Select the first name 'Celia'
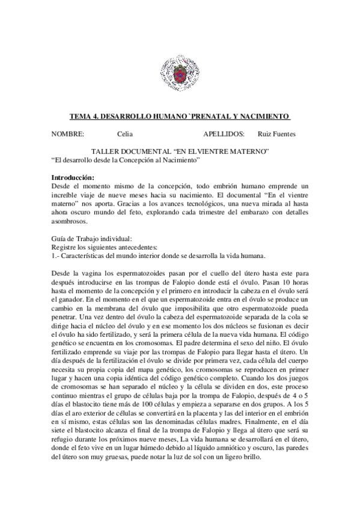(126, 134)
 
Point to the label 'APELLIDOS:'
(224, 134)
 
